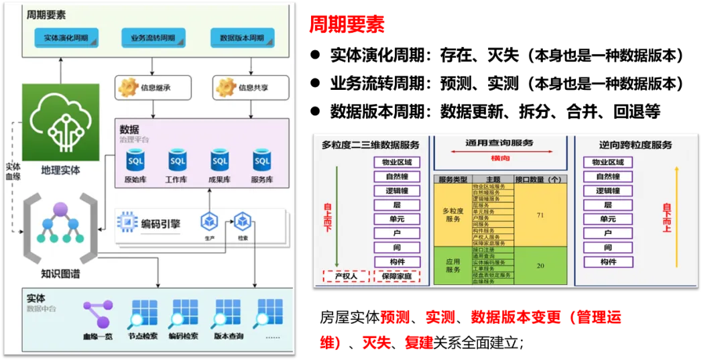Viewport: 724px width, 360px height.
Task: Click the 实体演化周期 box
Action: [66, 38]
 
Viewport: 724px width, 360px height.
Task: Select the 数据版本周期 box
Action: [242, 38]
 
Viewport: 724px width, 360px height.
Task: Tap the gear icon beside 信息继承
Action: [128, 87]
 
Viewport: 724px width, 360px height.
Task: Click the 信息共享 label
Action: [255, 88]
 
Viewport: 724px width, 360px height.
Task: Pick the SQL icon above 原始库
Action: [135, 161]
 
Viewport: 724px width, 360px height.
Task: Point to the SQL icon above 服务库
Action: [261, 161]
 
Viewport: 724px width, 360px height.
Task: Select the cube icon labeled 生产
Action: [209, 221]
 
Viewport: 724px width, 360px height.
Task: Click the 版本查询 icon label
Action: [229, 336]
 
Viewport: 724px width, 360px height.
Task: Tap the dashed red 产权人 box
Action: [346, 276]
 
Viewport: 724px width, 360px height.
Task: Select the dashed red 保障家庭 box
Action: [397, 276]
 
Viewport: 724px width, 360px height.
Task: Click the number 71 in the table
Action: [540, 215]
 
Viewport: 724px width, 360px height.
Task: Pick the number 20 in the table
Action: [540, 265]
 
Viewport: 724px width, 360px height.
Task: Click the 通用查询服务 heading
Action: [499, 143]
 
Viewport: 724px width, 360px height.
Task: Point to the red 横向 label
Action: [499, 158]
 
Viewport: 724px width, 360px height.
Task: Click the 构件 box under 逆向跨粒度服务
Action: [608, 261]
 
